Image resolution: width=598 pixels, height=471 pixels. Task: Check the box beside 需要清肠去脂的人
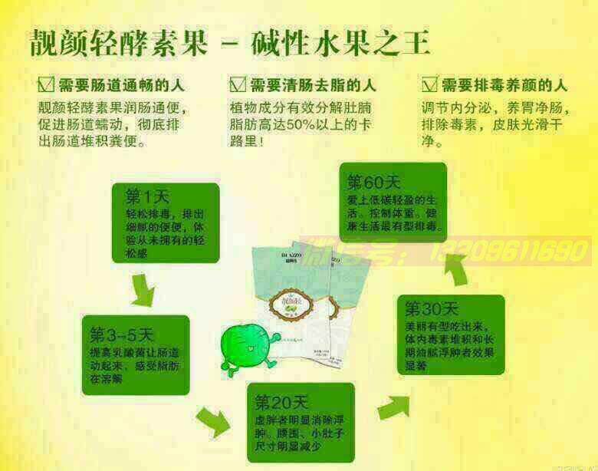coord(237,84)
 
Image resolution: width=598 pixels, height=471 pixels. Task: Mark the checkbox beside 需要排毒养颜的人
coord(429,84)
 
